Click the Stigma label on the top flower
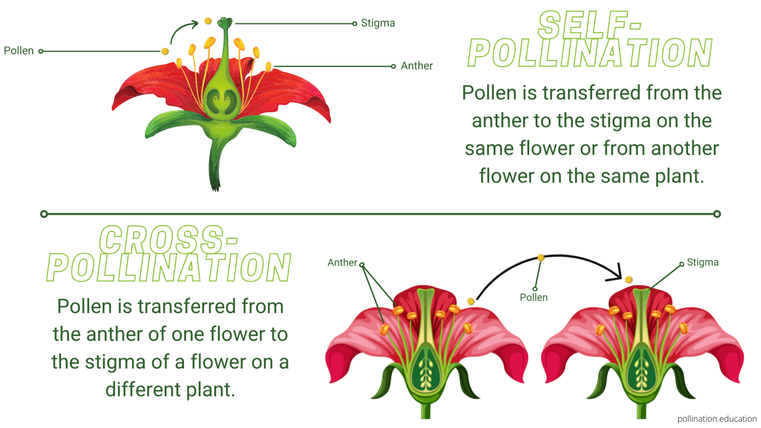[x=378, y=23]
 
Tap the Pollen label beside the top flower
[x=19, y=51]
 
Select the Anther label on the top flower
[x=417, y=66]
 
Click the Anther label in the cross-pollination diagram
[x=342, y=263]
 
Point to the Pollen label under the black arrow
[x=534, y=297]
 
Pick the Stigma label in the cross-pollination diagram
[x=703, y=262]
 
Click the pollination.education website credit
[x=717, y=419]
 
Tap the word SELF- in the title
[x=590, y=25]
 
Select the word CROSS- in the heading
[x=168, y=240]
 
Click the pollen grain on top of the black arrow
[x=541, y=258]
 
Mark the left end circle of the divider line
[x=44, y=214]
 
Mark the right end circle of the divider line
[x=717, y=214]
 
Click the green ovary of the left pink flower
[x=426, y=369]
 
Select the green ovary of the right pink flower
[x=642, y=369]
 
